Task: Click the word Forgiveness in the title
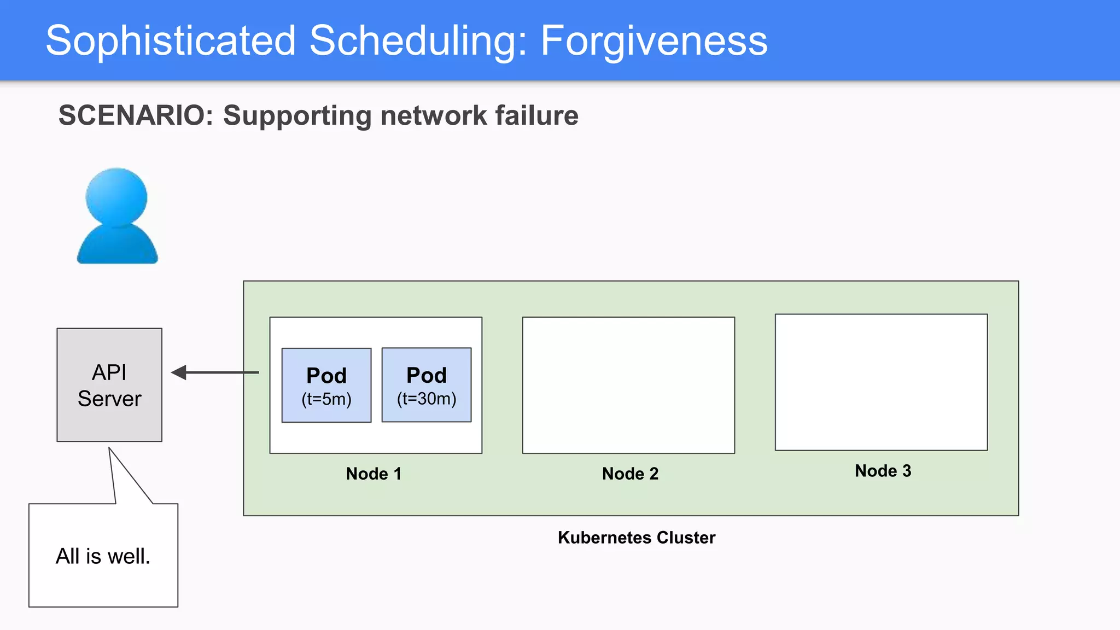654,40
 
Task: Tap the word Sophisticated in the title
171,40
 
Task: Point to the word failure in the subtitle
536,115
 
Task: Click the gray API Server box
109,384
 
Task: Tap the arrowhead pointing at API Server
179,372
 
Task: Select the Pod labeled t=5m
326,385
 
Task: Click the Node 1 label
374,474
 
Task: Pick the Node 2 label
630,474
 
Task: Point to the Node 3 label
883,471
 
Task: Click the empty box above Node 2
628,385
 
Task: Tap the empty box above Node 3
881,382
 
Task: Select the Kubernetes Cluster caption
636,538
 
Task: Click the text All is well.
103,556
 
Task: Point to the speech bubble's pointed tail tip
109,449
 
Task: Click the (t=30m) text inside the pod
427,399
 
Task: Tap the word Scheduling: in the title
418,40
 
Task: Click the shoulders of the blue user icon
117,246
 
